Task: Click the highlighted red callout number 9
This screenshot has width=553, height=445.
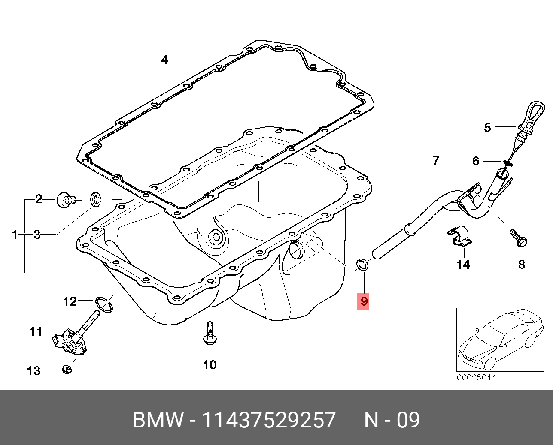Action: tap(364, 301)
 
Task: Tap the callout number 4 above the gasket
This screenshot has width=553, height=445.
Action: tap(165, 60)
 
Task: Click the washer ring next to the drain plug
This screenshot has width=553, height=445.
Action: tap(95, 199)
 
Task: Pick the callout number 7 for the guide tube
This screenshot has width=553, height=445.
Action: tap(436, 161)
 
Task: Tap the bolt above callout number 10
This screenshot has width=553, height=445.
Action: tap(209, 333)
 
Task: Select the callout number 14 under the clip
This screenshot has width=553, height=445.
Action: tap(463, 265)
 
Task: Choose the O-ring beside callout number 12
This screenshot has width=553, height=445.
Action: tap(104, 304)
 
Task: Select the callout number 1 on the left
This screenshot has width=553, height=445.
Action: tap(15, 235)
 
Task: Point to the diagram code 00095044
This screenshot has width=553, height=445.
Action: tap(476, 378)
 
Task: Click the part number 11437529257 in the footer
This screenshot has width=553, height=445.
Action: tap(268, 420)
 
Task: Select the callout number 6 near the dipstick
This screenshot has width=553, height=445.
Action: tap(475, 161)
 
